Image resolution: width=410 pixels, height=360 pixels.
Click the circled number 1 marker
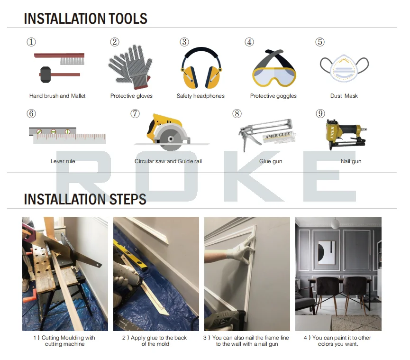(x=31, y=42)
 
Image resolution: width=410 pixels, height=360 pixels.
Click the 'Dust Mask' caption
(x=344, y=96)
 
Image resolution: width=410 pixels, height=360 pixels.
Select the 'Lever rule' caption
(x=63, y=161)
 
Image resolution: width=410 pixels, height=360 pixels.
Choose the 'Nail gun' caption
(x=351, y=161)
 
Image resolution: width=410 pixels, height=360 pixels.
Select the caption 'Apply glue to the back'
(x=155, y=338)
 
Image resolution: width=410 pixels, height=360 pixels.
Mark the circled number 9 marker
(x=320, y=114)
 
